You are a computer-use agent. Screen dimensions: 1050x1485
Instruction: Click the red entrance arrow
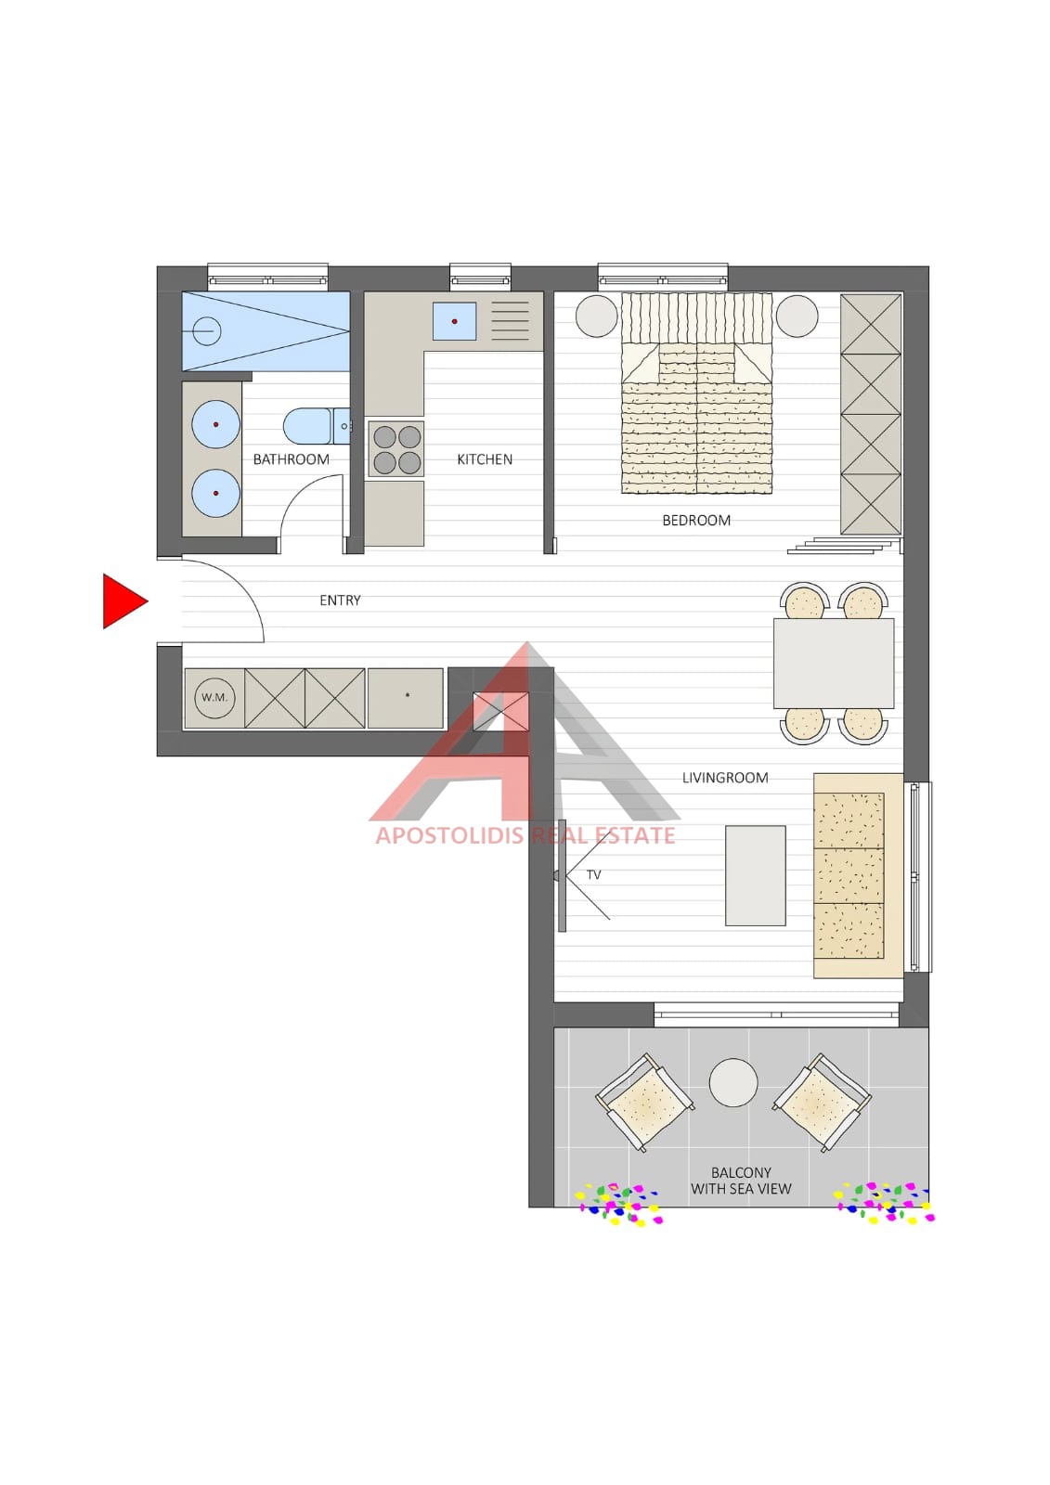point(123,601)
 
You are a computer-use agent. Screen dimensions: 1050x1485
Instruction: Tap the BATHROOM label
point(292,459)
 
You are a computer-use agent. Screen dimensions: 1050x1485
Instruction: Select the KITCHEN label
point(485,459)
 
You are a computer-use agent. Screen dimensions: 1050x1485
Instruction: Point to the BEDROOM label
point(696,521)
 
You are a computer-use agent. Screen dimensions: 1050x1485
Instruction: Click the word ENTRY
point(341,600)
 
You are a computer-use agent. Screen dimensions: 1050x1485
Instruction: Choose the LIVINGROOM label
point(725,778)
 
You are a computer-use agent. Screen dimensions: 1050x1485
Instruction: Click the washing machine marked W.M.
point(214,697)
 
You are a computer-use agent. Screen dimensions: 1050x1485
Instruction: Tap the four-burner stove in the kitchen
point(396,449)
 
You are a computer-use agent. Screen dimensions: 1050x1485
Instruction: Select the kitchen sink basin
point(454,321)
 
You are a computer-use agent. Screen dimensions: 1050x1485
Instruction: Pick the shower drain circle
point(206,330)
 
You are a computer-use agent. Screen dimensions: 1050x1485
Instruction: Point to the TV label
point(593,875)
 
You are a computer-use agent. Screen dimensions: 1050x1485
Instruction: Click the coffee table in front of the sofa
point(756,875)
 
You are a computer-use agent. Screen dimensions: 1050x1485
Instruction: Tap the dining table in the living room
point(834,664)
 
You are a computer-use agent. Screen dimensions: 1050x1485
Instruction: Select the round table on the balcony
point(732,1082)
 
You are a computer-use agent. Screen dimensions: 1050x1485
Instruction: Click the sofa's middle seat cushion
point(849,875)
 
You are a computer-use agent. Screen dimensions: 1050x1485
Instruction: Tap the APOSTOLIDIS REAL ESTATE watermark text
point(525,835)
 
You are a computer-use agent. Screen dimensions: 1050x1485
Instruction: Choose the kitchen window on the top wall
point(480,276)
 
